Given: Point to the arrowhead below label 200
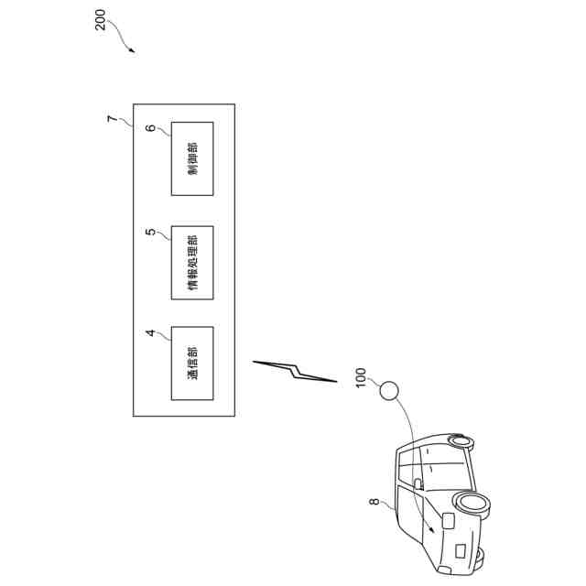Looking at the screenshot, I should (x=133, y=51).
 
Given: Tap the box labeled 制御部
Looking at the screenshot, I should (x=192, y=158).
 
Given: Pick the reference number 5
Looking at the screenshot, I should (x=152, y=232).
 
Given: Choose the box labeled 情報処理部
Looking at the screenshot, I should (x=192, y=262).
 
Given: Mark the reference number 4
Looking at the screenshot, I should (x=152, y=332).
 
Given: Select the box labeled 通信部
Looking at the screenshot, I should (x=192, y=363).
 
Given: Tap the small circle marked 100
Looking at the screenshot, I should (x=390, y=392).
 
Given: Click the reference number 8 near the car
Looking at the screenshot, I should (x=374, y=501).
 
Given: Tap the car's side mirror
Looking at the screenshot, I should (x=418, y=483).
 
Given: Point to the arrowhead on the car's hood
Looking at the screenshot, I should (x=430, y=529).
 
